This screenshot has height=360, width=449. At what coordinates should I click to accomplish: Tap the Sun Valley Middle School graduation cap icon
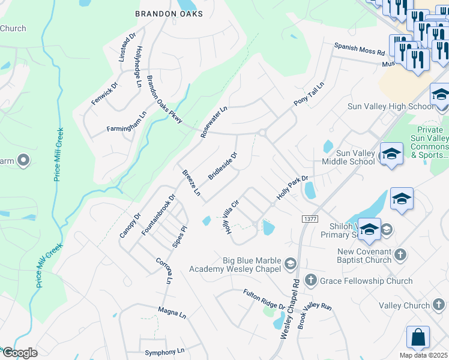(391, 154)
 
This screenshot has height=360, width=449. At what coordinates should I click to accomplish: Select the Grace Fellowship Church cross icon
(310, 280)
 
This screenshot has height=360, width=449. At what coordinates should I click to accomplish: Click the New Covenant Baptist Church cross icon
(400, 255)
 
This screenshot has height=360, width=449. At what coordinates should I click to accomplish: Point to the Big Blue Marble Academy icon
(290, 263)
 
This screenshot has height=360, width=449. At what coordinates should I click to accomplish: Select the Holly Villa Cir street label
(233, 217)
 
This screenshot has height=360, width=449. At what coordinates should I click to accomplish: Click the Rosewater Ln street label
(214, 122)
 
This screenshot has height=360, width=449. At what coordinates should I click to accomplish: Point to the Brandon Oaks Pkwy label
(164, 100)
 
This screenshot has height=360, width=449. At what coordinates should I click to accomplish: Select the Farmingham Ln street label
(127, 122)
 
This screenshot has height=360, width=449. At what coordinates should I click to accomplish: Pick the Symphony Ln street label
(163, 352)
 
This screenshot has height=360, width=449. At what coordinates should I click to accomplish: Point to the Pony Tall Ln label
(309, 94)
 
